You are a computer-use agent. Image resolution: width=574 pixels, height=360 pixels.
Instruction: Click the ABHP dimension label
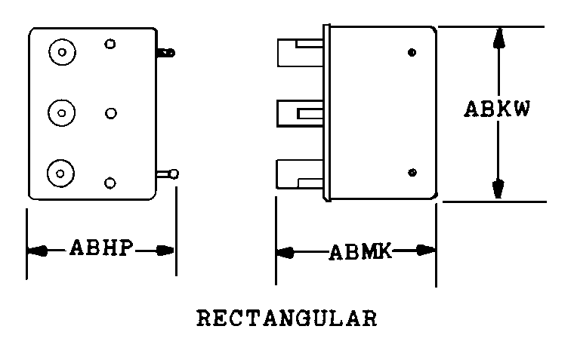(100, 248)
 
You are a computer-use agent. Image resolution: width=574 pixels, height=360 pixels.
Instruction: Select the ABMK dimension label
(360, 252)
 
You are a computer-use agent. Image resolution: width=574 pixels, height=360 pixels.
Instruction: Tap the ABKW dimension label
(497, 109)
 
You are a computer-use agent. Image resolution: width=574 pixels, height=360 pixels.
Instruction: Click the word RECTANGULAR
(287, 318)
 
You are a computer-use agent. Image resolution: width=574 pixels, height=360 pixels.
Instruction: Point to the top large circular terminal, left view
(62, 52)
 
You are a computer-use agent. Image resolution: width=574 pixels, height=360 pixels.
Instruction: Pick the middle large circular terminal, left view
(61, 113)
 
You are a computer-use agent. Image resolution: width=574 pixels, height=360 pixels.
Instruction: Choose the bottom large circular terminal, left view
(60, 174)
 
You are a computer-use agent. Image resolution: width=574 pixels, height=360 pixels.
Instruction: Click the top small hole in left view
(110, 44)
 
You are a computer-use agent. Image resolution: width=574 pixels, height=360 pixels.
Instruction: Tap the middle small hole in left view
(111, 113)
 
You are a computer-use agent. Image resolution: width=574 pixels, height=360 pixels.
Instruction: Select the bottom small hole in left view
(110, 183)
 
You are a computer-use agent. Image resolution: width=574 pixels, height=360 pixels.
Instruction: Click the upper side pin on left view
(166, 53)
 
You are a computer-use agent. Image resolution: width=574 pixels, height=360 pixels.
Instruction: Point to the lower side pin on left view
(168, 174)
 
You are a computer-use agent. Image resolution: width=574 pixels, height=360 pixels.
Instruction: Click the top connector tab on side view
(300, 53)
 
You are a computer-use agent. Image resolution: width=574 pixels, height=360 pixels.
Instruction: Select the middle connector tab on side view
(299, 114)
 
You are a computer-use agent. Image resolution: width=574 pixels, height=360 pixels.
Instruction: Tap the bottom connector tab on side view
(299, 174)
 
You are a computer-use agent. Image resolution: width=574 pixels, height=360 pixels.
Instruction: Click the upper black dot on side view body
(412, 52)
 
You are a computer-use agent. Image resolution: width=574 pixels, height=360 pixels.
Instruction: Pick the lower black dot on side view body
(412, 172)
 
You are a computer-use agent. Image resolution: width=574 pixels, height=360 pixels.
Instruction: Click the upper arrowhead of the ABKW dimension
(498, 38)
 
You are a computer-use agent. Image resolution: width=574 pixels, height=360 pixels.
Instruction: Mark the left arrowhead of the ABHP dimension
(37, 251)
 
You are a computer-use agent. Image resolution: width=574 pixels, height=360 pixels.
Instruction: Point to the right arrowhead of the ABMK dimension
(425, 251)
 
